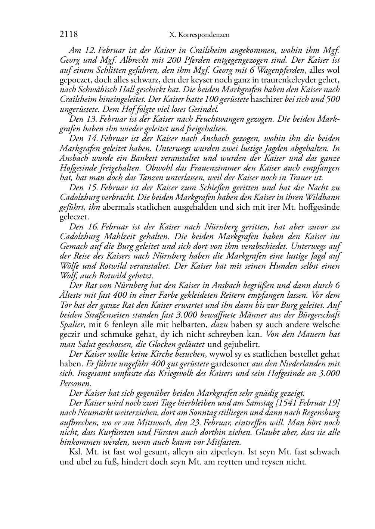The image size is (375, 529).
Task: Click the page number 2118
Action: pyautogui.click(x=68, y=35)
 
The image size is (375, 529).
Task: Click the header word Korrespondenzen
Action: pyautogui.click(x=204, y=35)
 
